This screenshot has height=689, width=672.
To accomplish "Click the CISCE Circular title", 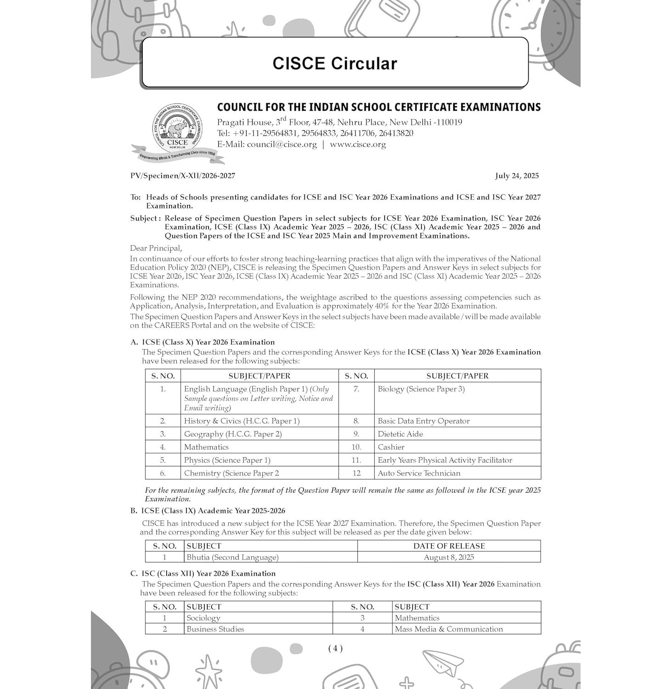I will pos(334,63).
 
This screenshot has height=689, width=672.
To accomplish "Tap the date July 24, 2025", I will pos(517,176).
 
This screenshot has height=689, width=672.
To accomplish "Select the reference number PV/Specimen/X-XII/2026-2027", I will pos(183,176).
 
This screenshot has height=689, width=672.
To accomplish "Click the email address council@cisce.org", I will pos(282,145).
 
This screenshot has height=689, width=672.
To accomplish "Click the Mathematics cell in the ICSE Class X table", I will pos(206,447).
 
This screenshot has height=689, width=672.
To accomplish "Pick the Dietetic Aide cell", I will pos(400,434).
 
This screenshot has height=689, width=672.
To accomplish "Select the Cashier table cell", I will pos(391,447).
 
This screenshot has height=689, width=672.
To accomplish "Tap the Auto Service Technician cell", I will pos(419,473).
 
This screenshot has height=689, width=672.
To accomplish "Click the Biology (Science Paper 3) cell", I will pos(421,389).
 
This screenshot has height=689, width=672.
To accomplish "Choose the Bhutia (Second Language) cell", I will pos(232,557).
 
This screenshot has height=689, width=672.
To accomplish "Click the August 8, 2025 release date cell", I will pos(449,557).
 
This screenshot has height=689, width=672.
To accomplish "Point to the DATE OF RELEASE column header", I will pos(449,546).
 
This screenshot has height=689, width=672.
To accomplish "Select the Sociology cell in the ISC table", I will pos(203,618).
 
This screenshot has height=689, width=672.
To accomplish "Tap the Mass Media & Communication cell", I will pos(449,629).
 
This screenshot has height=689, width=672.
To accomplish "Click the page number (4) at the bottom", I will pos(335,649).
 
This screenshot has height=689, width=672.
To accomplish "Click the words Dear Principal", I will pos(156,248).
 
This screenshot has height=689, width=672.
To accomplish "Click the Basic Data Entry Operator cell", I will pos(424,421).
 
